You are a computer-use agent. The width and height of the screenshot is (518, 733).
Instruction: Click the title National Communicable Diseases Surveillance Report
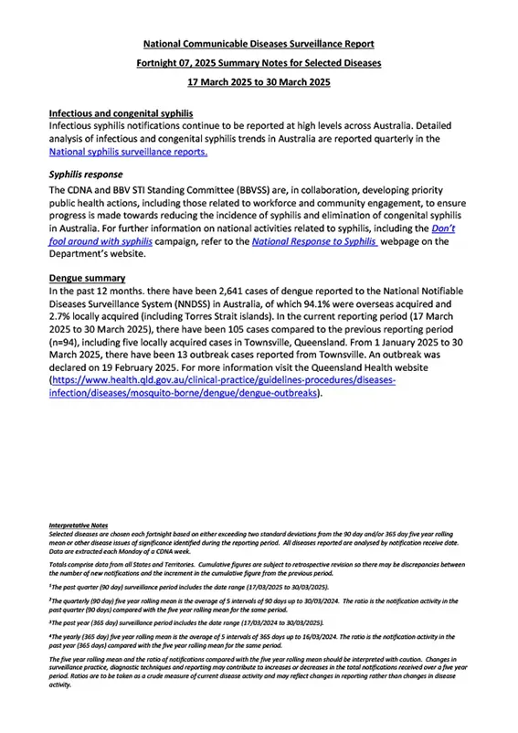tap(259, 43)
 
